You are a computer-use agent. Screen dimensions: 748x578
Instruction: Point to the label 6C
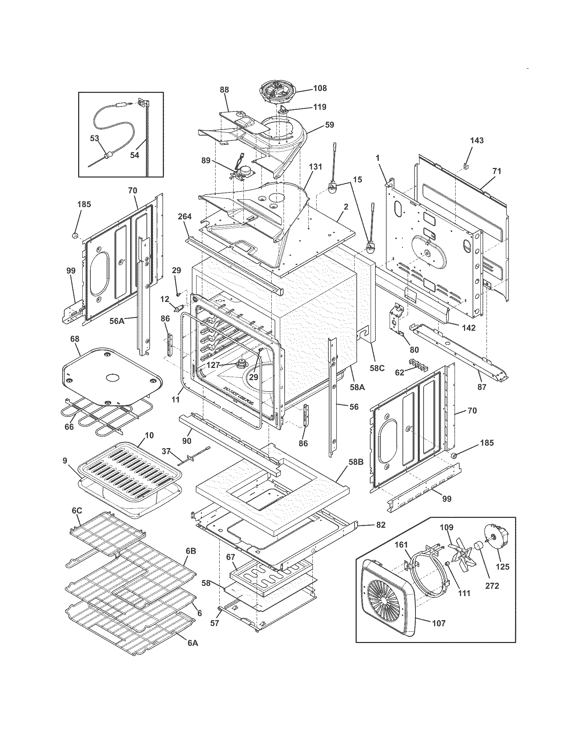[77, 520]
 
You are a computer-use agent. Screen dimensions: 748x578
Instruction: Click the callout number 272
[492, 586]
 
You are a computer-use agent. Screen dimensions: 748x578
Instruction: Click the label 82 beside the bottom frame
[381, 524]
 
